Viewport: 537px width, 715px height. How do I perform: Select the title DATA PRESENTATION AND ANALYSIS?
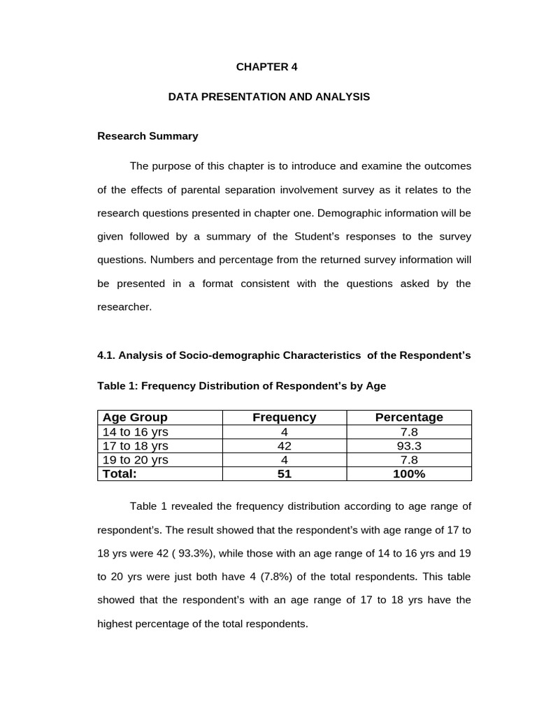268,97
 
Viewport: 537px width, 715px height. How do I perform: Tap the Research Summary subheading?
148,136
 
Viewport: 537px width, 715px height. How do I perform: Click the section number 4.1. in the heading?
106,355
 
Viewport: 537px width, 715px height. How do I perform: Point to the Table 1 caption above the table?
241,385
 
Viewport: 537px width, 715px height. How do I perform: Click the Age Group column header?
135,418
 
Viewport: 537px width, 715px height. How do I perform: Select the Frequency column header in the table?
284,418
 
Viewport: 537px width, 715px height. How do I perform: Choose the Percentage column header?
409,418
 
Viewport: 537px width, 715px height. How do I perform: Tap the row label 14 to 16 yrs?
136,432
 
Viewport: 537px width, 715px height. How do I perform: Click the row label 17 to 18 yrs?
136,446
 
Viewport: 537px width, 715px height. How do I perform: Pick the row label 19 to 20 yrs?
136,460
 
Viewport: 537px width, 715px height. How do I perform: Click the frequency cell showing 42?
284,446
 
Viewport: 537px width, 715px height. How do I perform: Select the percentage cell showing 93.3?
409,446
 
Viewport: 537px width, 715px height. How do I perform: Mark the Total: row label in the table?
120,474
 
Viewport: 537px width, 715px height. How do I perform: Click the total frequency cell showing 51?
284,474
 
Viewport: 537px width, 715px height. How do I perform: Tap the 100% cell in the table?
409,474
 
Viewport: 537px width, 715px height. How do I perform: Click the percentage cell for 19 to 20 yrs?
409,460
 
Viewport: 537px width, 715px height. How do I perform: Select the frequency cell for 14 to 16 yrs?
284,432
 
